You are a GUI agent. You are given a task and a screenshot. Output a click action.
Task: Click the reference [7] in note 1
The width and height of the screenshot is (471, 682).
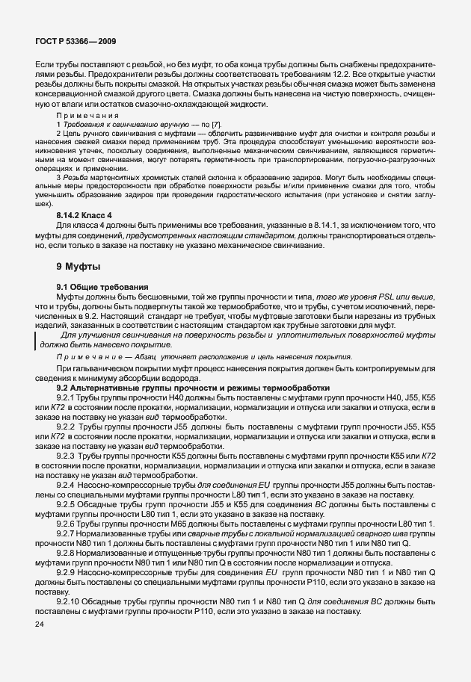(x=217, y=123)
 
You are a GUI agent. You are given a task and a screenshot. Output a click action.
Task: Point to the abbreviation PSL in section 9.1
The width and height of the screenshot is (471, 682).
(x=382, y=297)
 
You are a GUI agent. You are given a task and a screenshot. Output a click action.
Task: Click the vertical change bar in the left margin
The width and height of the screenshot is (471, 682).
(x=36, y=341)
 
